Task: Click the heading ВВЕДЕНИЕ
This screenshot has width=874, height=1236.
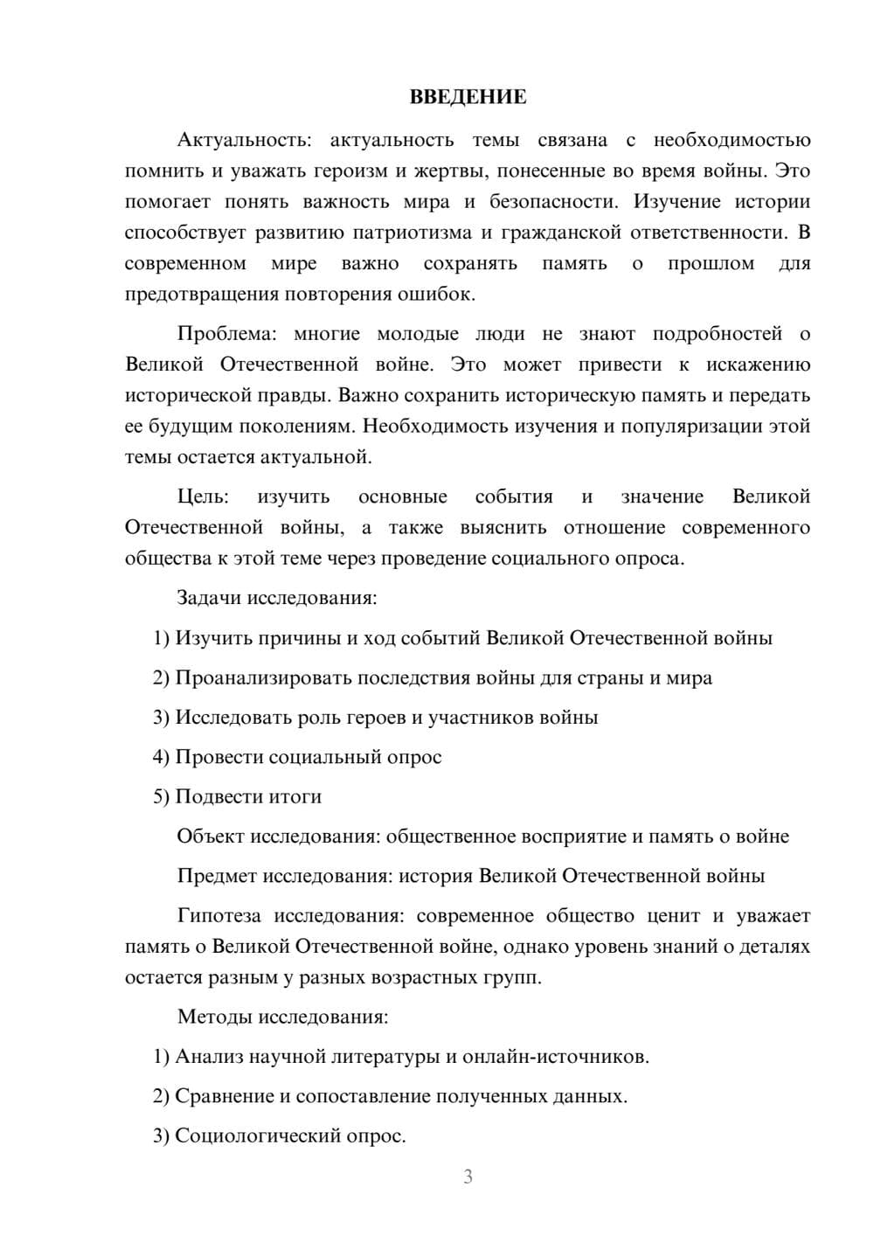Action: click(468, 97)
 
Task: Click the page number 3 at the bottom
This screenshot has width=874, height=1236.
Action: click(468, 1177)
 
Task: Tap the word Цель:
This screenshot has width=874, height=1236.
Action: click(203, 496)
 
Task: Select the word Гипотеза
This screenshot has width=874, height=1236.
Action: click(218, 916)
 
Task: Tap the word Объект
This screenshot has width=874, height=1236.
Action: click(211, 837)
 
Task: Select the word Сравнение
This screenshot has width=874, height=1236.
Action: click(225, 1096)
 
